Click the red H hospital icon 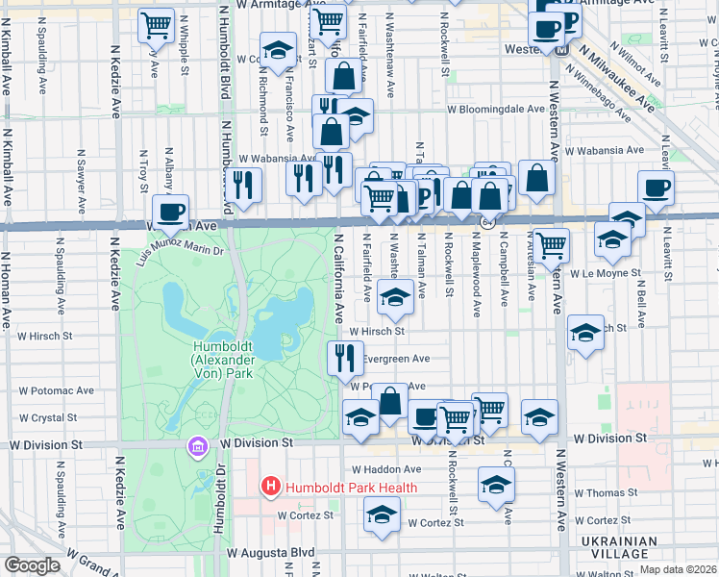pyautogui.click(x=271, y=488)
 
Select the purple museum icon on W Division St pyautogui.click(x=198, y=447)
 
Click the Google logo pyautogui.click(x=32, y=565)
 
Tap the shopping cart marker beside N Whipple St pyautogui.click(x=156, y=23)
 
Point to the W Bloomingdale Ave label pyautogui.click(x=499, y=110)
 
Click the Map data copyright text pyautogui.click(x=678, y=569)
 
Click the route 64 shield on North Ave pyautogui.click(x=487, y=223)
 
